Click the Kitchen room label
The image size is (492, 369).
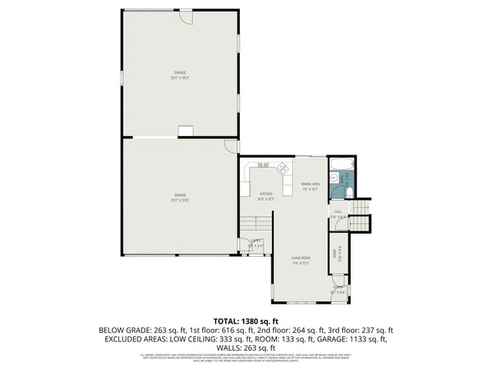click(266, 194)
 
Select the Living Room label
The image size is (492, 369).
click(300, 258)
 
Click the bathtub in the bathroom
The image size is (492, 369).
click(339, 164)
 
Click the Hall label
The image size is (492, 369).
click(337, 212)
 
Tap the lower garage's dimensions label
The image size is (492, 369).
click(180, 200)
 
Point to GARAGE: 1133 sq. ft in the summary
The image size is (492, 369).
click(354, 338)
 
